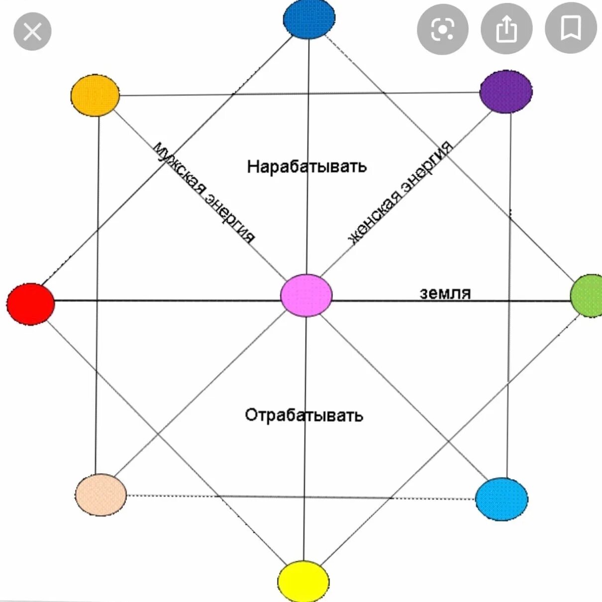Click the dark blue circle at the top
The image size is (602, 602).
click(x=309, y=19)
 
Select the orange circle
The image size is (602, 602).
click(x=95, y=95)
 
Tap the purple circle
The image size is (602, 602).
click(x=505, y=92)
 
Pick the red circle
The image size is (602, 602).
click(x=30, y=304)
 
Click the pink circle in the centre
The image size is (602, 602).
click(x=306, y=296)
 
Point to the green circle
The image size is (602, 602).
click(x=587, y=296)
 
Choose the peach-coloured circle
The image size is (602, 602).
click(x=100, y=495)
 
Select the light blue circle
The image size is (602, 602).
click(x=502, y=499)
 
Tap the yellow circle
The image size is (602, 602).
click(x=303, y=581)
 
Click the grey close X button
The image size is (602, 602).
click(x=32, y=32)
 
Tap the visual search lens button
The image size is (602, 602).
click(x=442, y=29)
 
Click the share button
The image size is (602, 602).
click(x=506, y=29)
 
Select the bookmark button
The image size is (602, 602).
click(x=571, y=28)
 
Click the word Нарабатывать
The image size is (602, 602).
click(x=306, y=166)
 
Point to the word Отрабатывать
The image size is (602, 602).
click(x=304, y=414)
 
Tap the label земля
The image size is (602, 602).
click(x=445, y=293)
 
